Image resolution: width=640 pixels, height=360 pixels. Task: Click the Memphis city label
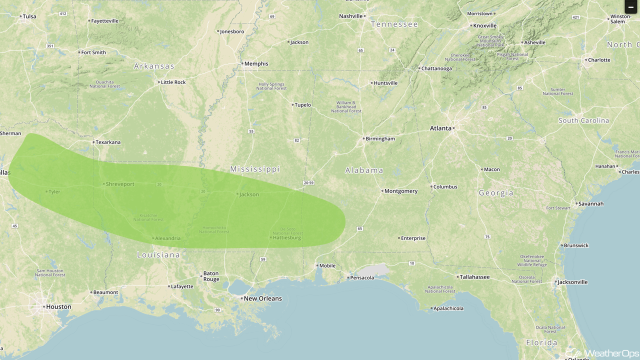click(x=256, y=63)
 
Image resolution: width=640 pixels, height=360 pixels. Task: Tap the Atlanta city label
click(x=440, y=128)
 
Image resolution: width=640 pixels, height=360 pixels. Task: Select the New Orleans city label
click(x=262, y=298)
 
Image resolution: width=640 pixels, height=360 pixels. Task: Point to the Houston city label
click(x=58, y=307)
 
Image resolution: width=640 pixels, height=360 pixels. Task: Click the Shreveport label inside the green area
click(x=120, y=184)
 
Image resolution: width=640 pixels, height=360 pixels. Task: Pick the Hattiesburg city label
click(x=287, y=237)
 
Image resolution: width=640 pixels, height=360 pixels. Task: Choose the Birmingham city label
click(x=380, y=138)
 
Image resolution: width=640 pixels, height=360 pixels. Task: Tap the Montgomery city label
click(x=400, y=191)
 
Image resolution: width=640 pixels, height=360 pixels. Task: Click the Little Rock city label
click(x=173, y=82)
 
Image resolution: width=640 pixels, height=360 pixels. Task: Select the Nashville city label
click(x=350, y=16)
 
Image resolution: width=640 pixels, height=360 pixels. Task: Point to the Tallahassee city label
click(x=474, y=276)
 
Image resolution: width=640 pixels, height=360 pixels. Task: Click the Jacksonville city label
click(x=572, y=282)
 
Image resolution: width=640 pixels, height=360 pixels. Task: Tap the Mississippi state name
click(x=255, y=169)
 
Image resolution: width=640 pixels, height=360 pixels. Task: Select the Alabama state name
click(x=364, y=170)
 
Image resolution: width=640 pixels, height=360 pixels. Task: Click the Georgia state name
click(x=495, y=193)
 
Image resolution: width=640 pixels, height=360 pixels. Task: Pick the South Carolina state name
click(x=583, y=120)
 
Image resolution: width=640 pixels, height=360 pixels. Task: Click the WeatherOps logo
click(x=602, y=353)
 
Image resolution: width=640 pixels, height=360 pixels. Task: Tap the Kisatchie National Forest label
click(x=148, y=217)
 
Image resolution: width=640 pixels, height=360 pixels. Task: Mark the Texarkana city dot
click(x=93, y=142)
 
